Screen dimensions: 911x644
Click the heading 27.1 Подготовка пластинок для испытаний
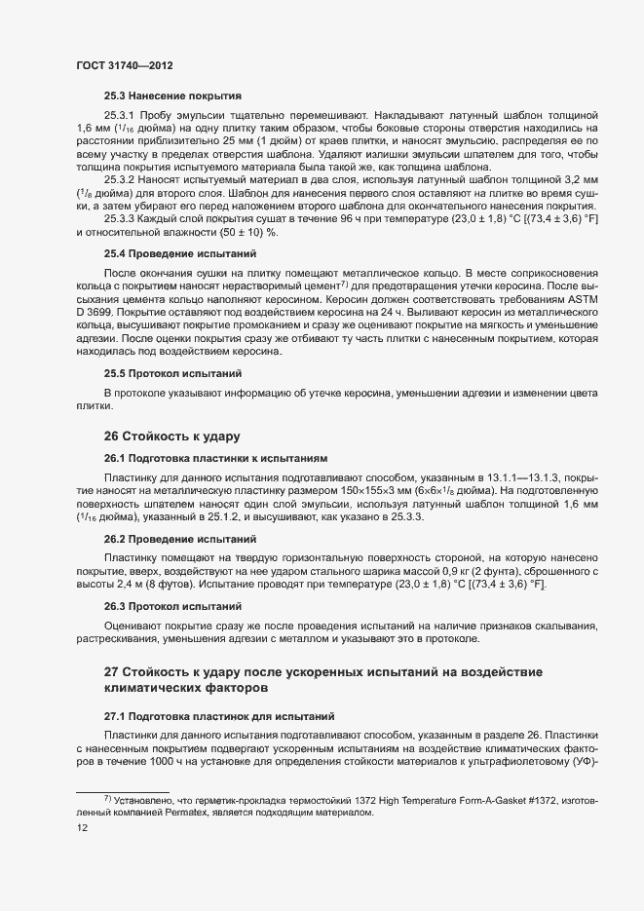click(x=219, y=714)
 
